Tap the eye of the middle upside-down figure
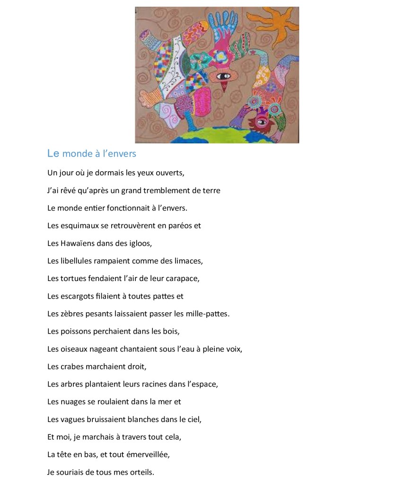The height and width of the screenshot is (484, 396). (x=223, y=76)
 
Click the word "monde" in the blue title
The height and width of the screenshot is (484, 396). (x=78, y=154)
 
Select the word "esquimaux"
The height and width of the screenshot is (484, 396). (x=79, y=226)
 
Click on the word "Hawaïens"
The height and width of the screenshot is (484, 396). (x=78, y=243)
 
